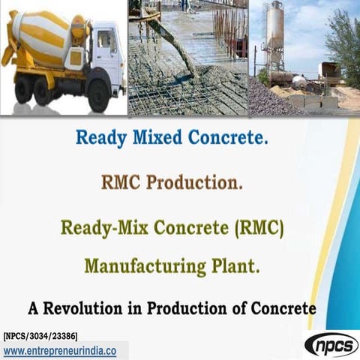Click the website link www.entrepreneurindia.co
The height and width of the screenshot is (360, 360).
[x=60, y=351]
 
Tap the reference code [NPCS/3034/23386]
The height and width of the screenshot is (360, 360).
[x=40, y=335]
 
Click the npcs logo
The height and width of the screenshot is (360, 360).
[x=331, y=344]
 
